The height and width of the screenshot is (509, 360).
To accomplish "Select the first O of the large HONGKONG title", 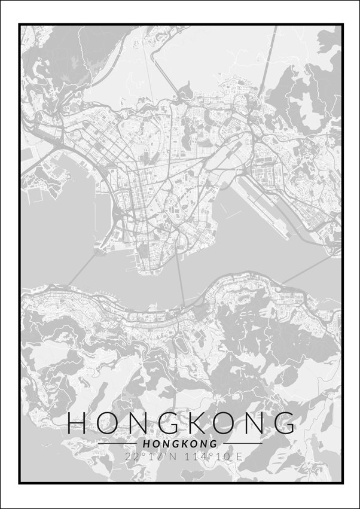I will [108, 423].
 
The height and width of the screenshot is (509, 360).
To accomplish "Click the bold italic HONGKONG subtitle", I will [180, 444].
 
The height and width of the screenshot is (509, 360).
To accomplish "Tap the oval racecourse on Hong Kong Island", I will [179, 348].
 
